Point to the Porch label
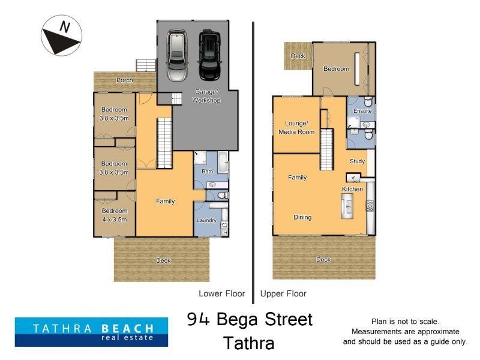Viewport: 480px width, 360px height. (x=125, y=80)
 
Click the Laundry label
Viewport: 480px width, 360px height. (x=206, y=221)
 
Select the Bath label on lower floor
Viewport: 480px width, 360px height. (x=208, y=171)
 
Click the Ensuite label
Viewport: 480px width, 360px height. (x=362, y=111)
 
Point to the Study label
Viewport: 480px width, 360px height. (x=358, y=161)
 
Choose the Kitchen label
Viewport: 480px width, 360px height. (x=352, y=189)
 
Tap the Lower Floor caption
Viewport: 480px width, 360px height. (x=222, y=294)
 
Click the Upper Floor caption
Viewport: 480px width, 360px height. (x=283, y=294)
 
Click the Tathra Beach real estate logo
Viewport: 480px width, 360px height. (x=84, y=332)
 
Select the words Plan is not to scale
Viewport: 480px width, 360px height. (x=405, y=322)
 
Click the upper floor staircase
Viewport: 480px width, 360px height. (x=326, y=150)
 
